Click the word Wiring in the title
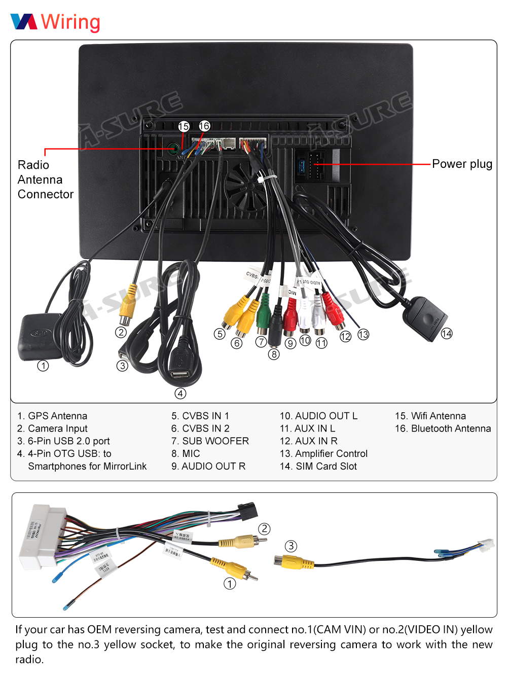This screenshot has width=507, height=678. click(x=70, y=22)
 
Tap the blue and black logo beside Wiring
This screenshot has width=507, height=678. click(x=24, y=22)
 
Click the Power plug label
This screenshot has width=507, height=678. click(x=462, y=164)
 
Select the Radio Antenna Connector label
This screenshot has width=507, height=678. click(x=45, y=180)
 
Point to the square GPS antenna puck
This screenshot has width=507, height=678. click(x=40, y=336)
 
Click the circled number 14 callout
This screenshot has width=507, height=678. click(x=447, y=334)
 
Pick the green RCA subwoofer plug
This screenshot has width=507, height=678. click(x=262, y=314)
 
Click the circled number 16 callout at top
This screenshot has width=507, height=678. click(x=204, y=126)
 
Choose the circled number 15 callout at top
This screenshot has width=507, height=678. click(x=184, y=126)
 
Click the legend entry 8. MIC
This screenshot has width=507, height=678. click(x=186, y=453)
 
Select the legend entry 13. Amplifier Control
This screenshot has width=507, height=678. click(x=323, y=453)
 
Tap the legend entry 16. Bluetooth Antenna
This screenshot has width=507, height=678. click(x=443, y=429)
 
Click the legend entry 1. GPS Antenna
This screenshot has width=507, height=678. click(x=52, y=416)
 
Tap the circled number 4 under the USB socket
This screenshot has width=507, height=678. click(x=180, y=394)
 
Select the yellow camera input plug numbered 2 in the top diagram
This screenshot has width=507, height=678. click(x=128, y=304)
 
